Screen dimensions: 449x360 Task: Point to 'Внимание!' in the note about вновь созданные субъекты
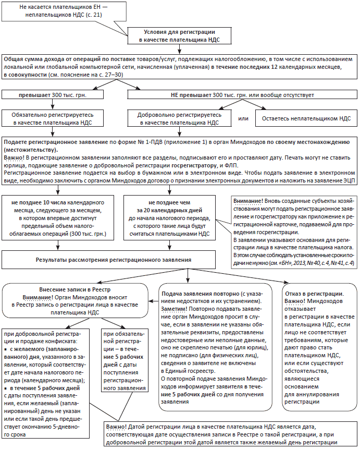249,200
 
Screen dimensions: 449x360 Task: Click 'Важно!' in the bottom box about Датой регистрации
116,427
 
